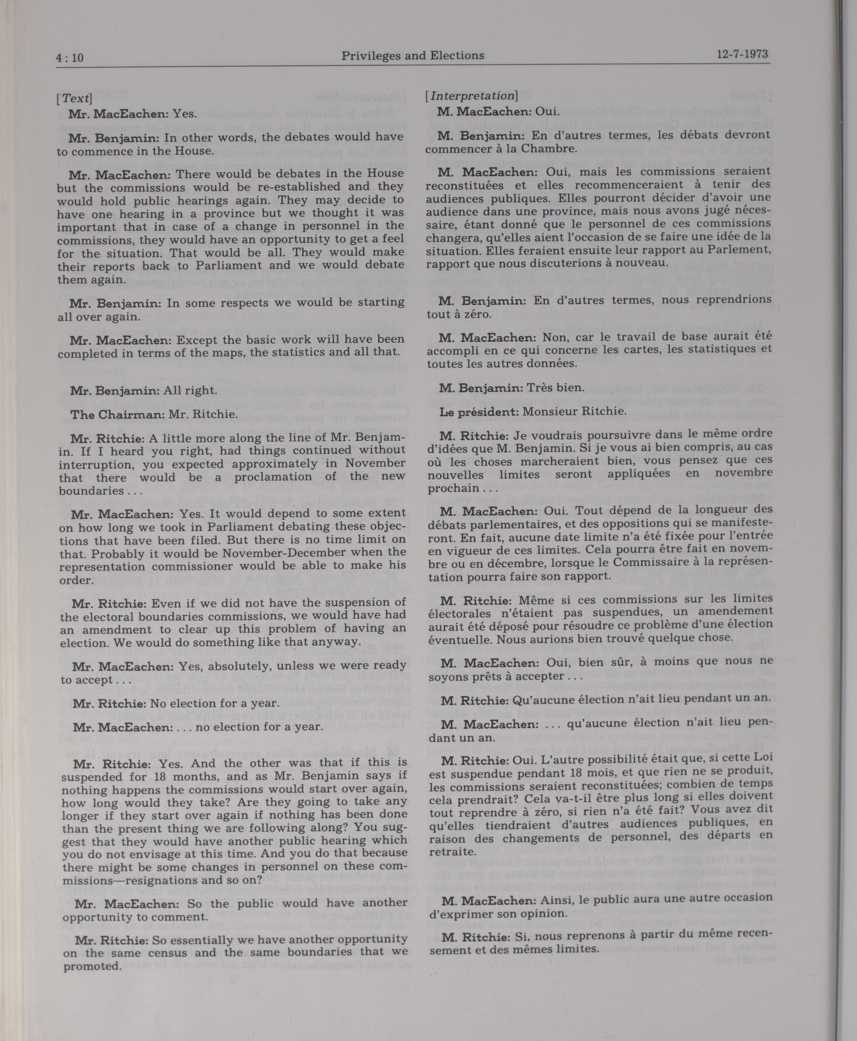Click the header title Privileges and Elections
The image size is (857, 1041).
[412, 56]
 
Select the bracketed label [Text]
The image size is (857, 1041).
[74, 98]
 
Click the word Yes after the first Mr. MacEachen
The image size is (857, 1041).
[184, 114]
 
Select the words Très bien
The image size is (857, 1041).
[556, 388]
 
